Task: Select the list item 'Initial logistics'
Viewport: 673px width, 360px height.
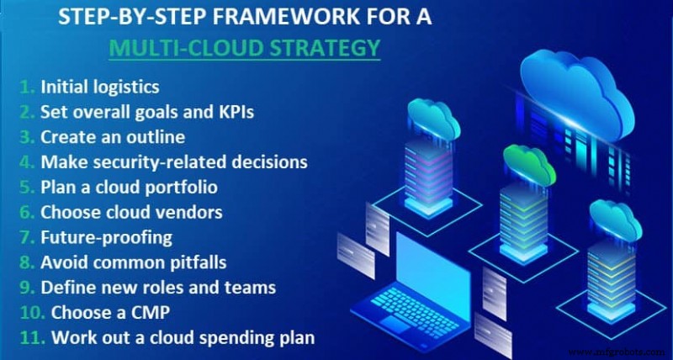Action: (96, 86)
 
